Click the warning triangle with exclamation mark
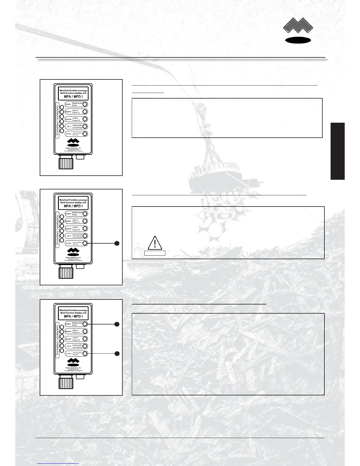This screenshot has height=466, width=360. (154, 243)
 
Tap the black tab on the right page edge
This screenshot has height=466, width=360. (337, 151)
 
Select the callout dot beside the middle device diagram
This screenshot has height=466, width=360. (117, 243)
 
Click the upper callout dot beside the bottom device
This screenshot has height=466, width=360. (117, 324)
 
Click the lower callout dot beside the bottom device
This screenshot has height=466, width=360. (117, 353)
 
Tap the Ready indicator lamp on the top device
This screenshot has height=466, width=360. (85, 104)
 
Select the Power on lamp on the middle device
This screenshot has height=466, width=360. (85, 221)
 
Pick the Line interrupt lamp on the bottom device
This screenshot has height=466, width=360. (85, 346)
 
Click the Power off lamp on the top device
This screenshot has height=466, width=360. (85, 119)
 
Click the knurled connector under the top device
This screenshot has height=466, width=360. (66, 162)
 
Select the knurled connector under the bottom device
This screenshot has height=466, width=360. (66, 382)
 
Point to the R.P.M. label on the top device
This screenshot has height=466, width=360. (69, 134)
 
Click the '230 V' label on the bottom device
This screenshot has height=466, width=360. (69, 346)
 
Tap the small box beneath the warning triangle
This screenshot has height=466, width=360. (155, 253)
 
